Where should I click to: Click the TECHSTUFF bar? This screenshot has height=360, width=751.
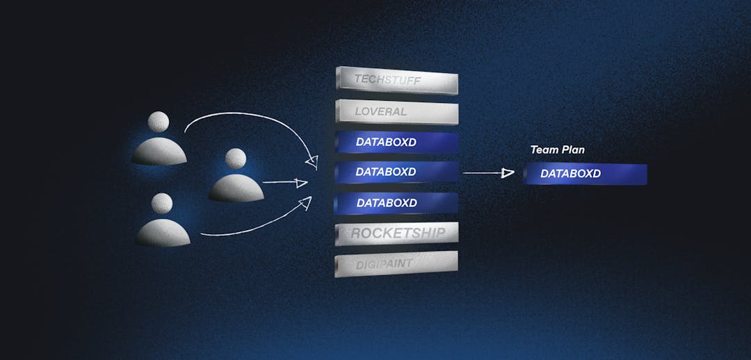coord(397,80)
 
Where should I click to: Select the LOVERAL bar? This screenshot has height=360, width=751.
coord(397,112)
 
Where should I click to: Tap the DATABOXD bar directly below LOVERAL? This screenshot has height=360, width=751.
coord(397,142)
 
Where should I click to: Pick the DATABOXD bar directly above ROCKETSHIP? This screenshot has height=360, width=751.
coord(396,202)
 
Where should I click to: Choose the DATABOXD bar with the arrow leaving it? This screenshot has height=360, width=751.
coord(396,172)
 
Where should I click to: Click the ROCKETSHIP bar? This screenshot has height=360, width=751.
coord(396,234)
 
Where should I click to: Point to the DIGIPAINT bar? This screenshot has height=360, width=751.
coord(396,264)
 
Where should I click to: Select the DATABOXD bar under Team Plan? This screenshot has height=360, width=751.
coord(585,174)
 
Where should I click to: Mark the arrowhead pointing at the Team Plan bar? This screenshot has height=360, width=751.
coord(508,173)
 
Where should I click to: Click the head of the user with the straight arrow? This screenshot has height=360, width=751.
coord(236,158)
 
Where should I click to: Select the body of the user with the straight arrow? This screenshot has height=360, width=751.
coord(236,188)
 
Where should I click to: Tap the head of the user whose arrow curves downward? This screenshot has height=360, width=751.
coord(158,122)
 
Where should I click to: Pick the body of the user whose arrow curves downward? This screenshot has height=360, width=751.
coord(159,152)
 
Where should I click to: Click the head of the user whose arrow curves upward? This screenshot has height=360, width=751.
coord(162,204)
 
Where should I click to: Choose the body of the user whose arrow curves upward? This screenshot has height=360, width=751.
coord(163,233)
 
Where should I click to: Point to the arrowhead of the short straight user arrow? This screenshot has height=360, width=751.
coord(301,183)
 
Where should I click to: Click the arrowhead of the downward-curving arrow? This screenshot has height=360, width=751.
coord(312,163)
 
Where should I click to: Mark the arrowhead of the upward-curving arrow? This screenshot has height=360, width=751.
coord(305,203)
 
